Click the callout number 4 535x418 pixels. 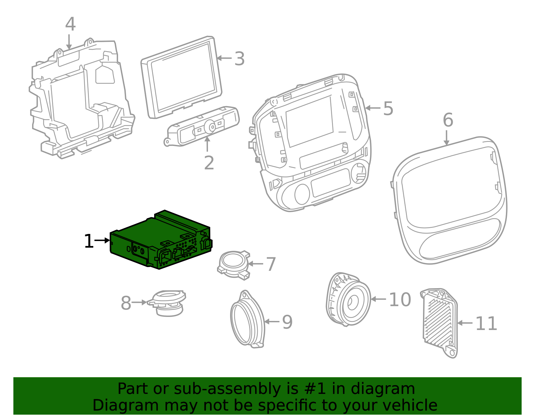click(x=70, y=25)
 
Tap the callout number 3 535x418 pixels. click(x=239, y=59)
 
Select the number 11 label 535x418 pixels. click(x=486, y=324)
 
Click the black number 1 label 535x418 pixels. click(x=89, y=241)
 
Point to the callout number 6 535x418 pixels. click(x=448, y=120)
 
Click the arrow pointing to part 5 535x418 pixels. click(x=372, y=108)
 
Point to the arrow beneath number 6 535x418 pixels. click(x=446, y=138)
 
